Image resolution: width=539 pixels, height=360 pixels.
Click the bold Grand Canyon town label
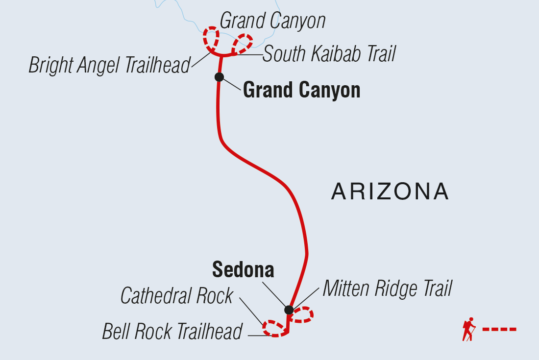tap(301, 91)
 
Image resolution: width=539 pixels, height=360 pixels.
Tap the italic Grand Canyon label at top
tap(272, 21)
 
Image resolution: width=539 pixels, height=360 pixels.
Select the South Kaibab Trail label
tap(329, 54)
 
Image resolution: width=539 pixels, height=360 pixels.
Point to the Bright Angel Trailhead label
tap(109, 65)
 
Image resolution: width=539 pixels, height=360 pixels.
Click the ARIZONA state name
tap(390, 192)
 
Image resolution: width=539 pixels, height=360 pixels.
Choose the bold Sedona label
tap(243, 270)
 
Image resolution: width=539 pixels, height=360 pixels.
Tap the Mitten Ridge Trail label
tap(387, 289)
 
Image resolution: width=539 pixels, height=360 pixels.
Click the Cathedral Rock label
tap(176, 296)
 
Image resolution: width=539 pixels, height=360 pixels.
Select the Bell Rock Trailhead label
tap(172, 332)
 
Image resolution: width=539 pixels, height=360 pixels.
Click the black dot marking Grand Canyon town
tap(219, 77)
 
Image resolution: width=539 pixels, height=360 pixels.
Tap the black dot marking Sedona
tap(289, 310)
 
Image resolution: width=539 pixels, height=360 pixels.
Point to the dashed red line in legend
tap(499, 329)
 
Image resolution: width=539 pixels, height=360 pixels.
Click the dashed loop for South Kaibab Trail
tap(243, 43)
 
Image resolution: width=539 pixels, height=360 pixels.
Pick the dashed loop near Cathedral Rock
tap(273, 328)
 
